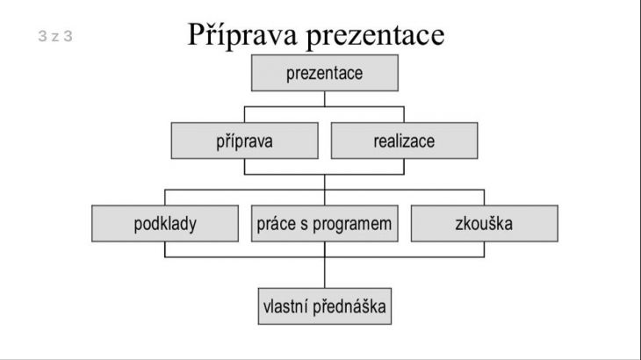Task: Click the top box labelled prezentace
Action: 325,73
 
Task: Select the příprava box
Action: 244,140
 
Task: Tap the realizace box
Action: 404,140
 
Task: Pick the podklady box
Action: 165,224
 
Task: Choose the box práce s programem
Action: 325,224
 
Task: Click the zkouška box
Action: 485,224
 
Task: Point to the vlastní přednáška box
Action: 325,306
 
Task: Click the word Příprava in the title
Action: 242,35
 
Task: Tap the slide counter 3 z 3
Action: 55,36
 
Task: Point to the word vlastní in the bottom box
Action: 285,306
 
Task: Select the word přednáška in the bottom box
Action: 349,306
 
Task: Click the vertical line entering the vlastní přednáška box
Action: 325,272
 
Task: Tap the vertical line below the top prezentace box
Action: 325,99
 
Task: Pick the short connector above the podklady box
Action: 165,198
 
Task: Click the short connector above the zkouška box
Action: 485,198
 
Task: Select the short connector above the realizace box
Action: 404,115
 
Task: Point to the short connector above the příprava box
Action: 244,115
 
